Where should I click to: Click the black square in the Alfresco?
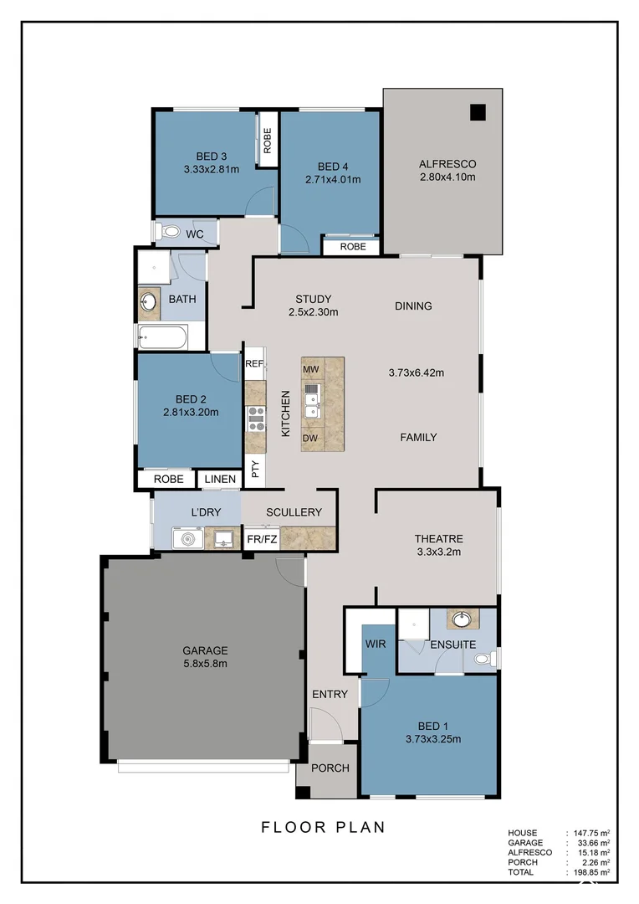pyautogui.click(x=478, y=112)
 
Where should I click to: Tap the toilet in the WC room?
pyautogui.click(x=168, y=232)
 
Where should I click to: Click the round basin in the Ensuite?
pyautogui.click(x=459, y=619)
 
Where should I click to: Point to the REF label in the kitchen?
pyautogui.click(x=254, y=364)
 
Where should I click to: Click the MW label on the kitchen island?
pyautogui.click(x=310, y=369)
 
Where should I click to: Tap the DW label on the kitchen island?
pyautogui.click(x=310, y=438)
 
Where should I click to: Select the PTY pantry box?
pyautogui.click(x=255, y=470)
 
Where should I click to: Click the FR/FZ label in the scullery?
pyautogui.click(x=261, y=540)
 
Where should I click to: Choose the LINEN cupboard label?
pyautogui.click(x=219, y=480)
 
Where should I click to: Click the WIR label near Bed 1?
pyautogui.click(x=374, y=645)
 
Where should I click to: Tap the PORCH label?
pyautogui.click(x=330, y=768)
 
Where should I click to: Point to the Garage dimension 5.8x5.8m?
pyautogui.click(x=205, y=664)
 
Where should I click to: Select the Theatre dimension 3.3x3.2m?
pyautogui.click(x=438, y=552)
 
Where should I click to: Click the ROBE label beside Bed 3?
pyautogui.click(x=268, y=140)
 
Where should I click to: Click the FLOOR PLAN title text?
pyautogui.click(x=323, y=828)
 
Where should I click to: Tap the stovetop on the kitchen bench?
pyautogui.click(x=256, y=417)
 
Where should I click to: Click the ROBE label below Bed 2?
pyautogui.click(x=168, y=480)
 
